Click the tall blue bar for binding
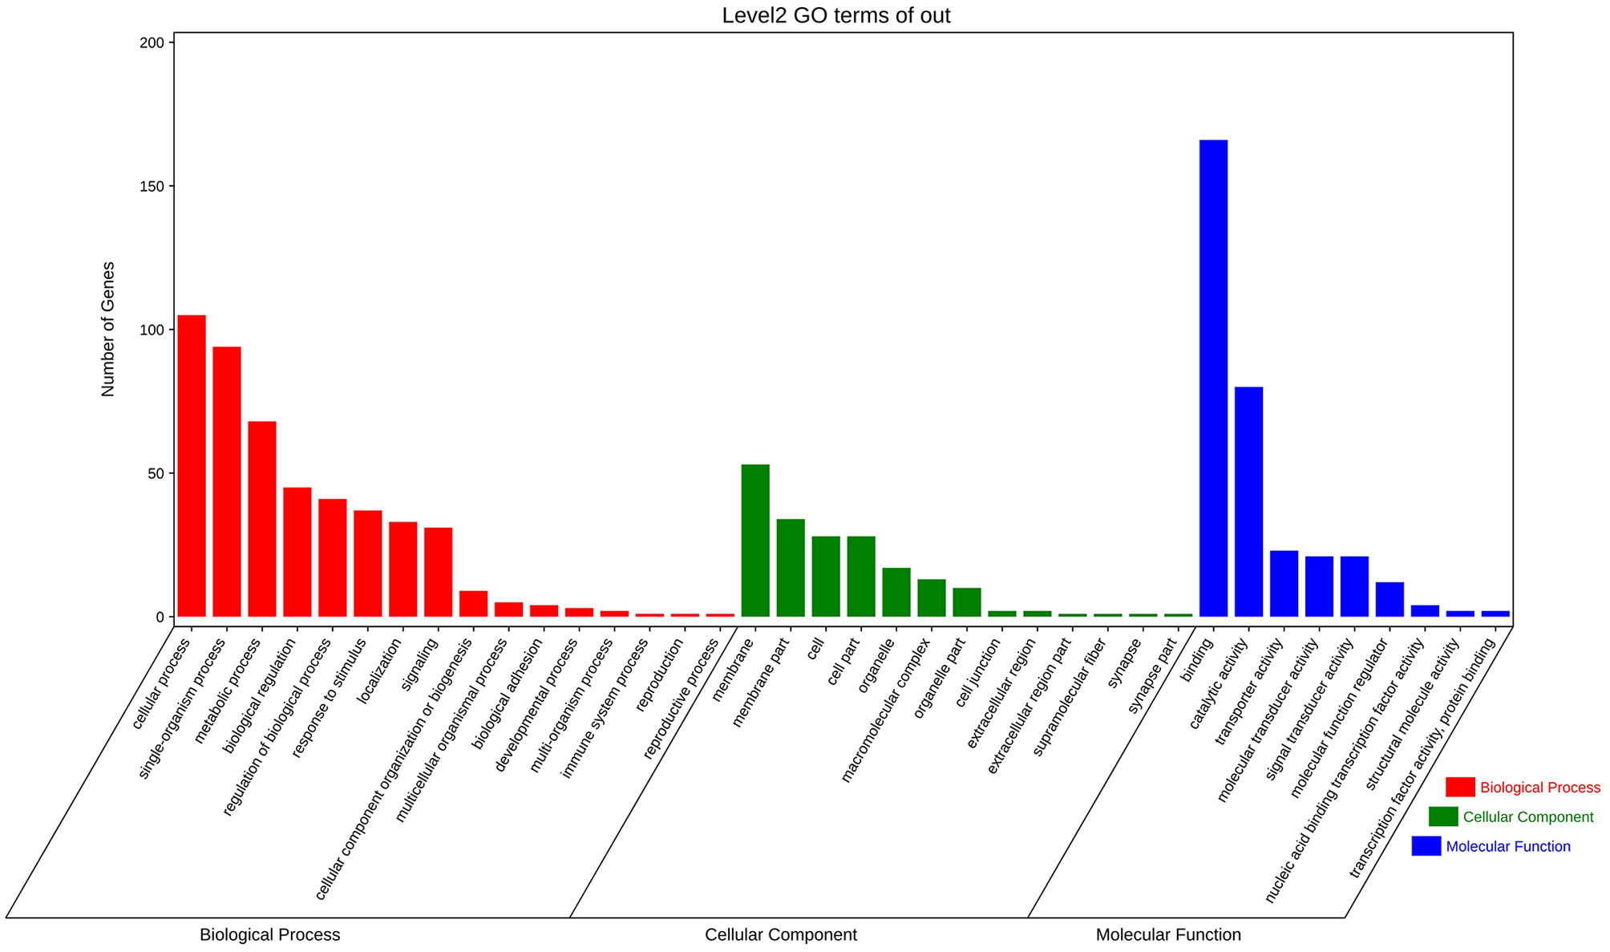coord(1213,378)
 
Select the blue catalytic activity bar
coord(1248,501)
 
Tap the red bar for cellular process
coord(192,465)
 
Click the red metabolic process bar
coord(262,518)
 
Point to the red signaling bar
coord(439,572)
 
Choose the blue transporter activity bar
coord(1284,583)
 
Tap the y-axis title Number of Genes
coord(108,329)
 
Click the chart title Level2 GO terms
coord(835,15)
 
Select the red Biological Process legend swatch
coord(1460,787)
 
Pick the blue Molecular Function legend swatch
coord(1426,846)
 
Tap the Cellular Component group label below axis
coord(780,934)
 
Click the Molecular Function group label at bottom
coord(1167,934)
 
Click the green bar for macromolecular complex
coord(932,598)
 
